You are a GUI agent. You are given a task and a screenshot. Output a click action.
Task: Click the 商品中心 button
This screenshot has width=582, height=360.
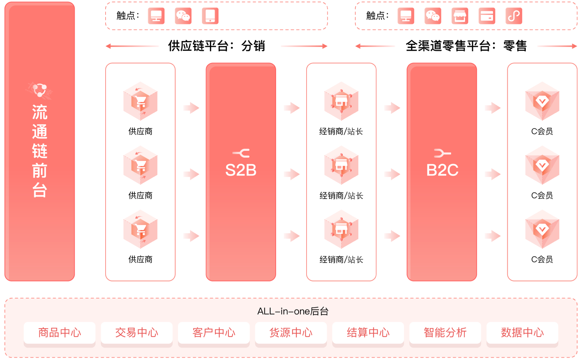click(x=60, y=333)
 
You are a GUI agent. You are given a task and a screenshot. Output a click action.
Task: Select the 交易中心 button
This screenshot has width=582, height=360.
click(x=137, y=333)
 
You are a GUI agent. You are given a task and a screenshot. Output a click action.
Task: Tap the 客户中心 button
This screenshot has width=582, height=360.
click(x=214, y=333)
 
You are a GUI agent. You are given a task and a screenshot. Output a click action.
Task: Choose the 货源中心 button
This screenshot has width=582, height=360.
click(x=291, y=333)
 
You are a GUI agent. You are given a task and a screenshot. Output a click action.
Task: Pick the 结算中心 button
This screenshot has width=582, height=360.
click(x=368, y=333)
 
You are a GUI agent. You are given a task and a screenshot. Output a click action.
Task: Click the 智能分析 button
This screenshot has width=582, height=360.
click(x=445, y=333)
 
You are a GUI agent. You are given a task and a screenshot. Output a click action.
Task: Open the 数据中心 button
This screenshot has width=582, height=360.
click(x=522, y=333)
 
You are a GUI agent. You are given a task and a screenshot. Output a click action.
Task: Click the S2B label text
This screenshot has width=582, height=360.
click(x=241, y=170)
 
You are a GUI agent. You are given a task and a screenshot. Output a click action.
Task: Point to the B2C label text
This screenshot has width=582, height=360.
click(x=442, y=170)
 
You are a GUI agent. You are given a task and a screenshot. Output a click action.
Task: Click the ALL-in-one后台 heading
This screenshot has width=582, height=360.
click(x=293, y=311)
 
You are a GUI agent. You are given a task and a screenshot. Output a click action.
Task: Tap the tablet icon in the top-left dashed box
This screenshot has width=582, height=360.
click(x=210, y=16)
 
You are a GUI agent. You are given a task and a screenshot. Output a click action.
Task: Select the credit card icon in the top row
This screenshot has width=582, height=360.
click(x=487, y=16)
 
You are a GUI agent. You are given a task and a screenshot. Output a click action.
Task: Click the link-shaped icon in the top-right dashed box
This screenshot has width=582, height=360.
click(x=514, y=16)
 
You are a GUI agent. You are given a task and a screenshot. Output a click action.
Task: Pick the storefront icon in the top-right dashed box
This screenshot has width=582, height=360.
click(x=460, y=16)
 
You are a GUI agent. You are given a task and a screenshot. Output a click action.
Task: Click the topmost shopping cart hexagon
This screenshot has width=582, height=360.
click(x=140, y=101)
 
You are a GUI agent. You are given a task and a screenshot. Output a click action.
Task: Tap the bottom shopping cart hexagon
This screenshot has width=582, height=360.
click(x=140, y=229)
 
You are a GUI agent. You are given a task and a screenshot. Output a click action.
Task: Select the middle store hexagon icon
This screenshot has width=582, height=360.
click(x=341, y=165)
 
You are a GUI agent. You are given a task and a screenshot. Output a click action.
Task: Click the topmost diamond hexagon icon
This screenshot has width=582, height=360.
click(x=542, y=101)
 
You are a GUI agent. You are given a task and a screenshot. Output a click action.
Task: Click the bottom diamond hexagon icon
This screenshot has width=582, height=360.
click(x=542, y=229)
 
